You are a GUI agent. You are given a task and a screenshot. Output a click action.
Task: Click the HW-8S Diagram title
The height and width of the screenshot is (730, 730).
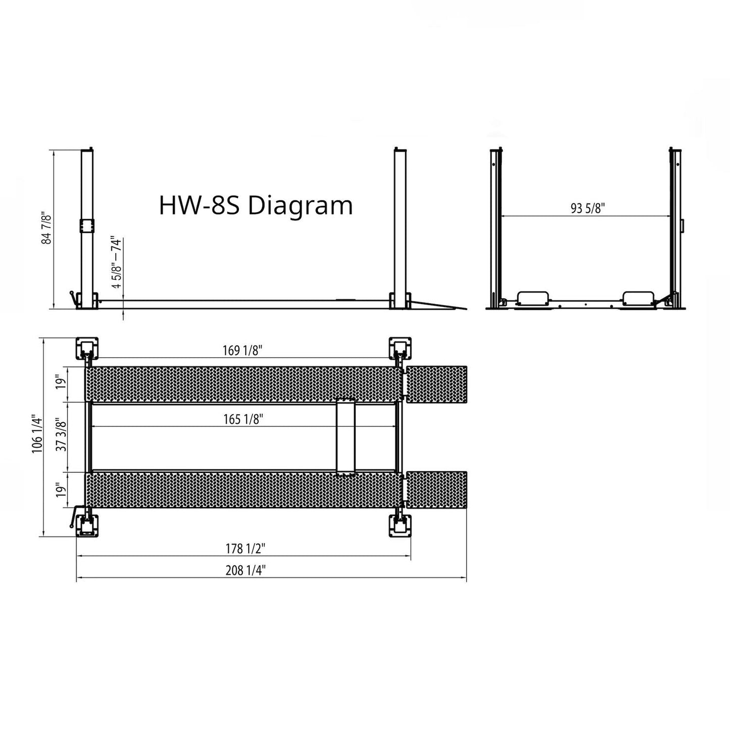(256, 206)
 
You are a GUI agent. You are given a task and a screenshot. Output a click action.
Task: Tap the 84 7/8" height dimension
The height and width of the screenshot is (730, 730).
(46, 228)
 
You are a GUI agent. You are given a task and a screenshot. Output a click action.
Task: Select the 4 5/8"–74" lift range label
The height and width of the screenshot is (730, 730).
(117, 262)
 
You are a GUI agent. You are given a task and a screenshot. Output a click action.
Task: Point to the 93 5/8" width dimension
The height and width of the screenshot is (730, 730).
(588, 208)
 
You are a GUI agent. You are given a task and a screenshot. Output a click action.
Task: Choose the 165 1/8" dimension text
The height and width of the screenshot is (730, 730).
(244, 419)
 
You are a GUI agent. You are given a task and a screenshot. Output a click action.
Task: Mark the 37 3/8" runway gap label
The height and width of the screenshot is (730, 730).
(62, 436)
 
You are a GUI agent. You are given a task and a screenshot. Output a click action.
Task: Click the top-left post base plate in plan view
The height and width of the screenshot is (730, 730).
(86, 349)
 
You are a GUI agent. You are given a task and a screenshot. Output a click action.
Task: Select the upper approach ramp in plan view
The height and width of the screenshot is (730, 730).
(436, 384)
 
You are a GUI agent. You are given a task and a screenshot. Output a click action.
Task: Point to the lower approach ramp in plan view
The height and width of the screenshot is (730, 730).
(436, 490)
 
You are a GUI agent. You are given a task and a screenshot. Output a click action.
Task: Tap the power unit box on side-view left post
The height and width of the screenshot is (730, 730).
(86, 226)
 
